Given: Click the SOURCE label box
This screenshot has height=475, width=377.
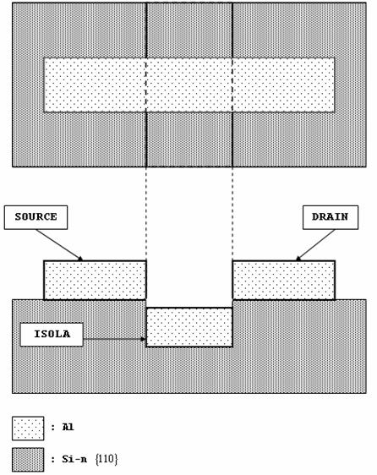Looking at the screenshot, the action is [36, 217].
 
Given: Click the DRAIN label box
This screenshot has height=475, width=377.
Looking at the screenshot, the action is [331, 217].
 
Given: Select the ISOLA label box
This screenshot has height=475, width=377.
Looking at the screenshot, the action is [52, 335].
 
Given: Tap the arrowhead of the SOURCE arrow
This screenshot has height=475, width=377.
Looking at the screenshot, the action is [80, 259].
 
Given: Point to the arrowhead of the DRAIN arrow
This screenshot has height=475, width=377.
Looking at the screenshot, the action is [298, 259].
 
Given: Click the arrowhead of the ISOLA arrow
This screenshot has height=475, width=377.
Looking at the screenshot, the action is [143, 339].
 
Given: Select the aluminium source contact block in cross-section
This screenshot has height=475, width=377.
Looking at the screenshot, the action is [95, 281].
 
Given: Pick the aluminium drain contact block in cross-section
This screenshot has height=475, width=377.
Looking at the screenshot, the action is [284, 281].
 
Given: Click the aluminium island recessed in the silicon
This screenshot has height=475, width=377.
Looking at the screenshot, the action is [189, 327].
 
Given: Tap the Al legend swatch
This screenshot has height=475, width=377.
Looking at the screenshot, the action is [28, 429].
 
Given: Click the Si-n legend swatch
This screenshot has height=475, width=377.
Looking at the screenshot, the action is [28, 460].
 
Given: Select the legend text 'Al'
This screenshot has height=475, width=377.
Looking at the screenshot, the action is [68, 427].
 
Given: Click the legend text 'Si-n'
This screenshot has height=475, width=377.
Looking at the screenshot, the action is [74, 459].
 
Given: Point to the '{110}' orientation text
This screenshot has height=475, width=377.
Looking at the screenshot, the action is [107, 459].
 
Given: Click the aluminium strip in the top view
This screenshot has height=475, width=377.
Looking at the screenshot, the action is [189, 85].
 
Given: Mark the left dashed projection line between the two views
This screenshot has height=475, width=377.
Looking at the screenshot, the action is [146, 214].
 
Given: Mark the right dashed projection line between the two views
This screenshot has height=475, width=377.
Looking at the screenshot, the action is [232, 214].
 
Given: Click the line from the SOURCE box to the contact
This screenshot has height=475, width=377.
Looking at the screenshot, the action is [58, 244].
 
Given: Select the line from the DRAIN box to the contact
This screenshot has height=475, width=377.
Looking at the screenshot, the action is [315, 244].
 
